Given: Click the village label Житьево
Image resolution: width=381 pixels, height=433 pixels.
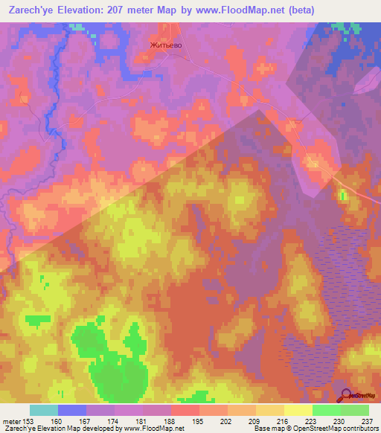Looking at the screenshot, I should click(x=166, y=45).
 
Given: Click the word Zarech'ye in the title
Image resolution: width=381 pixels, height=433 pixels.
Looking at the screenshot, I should click(x=30, y=10).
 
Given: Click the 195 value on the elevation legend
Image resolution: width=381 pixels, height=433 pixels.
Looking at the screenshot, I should click(x=197, y=421).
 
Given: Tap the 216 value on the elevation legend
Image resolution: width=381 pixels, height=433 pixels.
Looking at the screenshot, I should click(x=282, y=421).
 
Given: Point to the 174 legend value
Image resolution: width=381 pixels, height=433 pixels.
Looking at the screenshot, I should click(x=113, y=421).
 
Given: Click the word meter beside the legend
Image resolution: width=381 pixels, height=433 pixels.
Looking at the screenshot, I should click(x=10, y=421).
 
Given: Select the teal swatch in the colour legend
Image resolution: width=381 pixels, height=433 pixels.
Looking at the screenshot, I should click(x=44, y=410).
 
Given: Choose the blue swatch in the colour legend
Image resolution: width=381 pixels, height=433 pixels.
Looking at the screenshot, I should click(x=72, y=410).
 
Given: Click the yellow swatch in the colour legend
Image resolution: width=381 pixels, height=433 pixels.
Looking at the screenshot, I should click(x=298, y=410).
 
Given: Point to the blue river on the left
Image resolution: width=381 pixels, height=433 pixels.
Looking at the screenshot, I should click(x=49, y=104).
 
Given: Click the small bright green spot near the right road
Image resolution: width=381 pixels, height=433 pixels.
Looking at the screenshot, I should click(x=343, y=196).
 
